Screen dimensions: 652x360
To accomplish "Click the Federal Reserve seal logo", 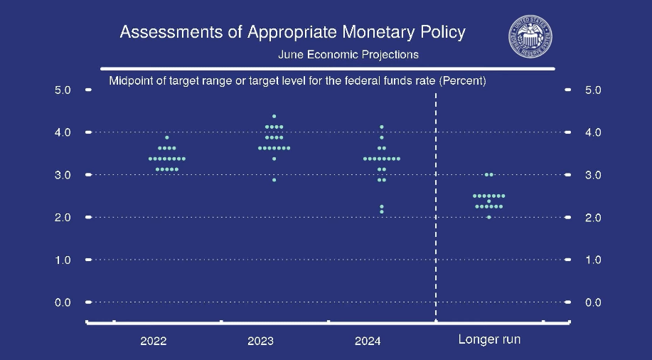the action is pos(530,36).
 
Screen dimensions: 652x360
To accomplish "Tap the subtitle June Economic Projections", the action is pos(348,55).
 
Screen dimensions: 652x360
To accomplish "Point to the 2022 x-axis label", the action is pos(154,341).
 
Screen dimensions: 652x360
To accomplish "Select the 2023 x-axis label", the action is pos(261,341).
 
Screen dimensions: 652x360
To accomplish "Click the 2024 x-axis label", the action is pos(368,341).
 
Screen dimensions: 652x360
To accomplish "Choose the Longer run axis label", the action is pos(489,339).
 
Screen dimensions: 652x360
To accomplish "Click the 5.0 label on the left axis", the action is pos(63,90).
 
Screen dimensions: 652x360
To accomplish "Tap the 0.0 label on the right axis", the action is pos(593,302).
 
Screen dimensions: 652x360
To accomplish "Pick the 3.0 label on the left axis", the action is pos(63,175).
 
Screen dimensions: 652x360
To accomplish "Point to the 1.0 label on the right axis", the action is pos(593,260).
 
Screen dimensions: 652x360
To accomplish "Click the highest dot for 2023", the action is pos(274,116).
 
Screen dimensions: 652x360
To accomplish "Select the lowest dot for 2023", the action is pos(274,180).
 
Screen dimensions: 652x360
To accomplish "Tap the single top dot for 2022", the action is pos(167,137).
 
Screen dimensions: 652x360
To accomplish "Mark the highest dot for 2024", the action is pos(382,127).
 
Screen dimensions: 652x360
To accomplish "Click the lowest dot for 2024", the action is pos(382,212).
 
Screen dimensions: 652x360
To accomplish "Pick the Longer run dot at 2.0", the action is pos(489,217).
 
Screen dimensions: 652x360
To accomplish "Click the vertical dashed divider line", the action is pos(436,207).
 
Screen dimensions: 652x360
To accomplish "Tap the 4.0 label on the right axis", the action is pos(593,132).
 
